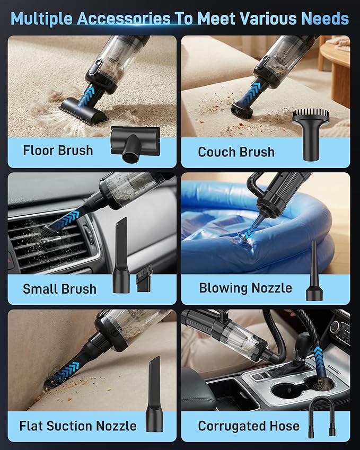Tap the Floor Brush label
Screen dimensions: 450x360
[58, 151]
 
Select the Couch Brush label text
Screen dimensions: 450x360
[236, 152]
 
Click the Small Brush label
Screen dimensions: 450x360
[59, 289]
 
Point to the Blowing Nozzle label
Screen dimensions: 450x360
[245, 288]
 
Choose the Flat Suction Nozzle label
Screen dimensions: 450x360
[78, 426]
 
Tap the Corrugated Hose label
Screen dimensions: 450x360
[249, 426]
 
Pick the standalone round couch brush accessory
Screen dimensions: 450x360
[311, 133]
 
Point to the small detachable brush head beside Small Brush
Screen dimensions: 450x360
[144, 280]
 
